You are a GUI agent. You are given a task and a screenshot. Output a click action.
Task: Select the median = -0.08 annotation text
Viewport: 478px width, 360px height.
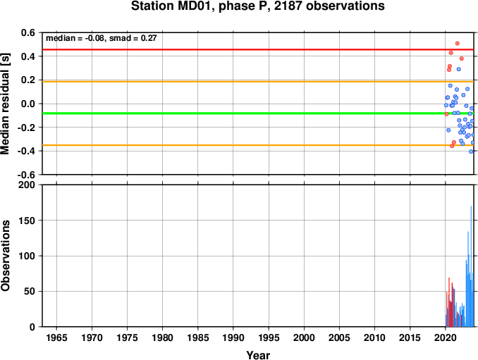[75, 38]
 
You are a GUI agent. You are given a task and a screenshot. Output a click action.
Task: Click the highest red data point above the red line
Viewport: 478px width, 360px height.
[458, 44]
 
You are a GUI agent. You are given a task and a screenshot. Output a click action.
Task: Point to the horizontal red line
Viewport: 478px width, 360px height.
[258, 49]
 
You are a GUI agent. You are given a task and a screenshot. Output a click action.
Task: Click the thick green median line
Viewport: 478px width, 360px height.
[258, 113]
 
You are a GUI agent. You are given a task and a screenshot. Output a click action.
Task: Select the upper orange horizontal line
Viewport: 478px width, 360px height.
[258, 82]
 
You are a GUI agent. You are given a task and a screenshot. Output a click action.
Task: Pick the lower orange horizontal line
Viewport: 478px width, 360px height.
[258, 145]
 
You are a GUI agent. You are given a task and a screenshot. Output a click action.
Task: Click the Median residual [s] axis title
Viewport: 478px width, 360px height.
[5, 104]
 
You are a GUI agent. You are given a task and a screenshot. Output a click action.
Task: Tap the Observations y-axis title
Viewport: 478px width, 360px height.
[5, 256]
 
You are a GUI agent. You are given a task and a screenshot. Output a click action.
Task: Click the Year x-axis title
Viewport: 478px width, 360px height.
[258, 355]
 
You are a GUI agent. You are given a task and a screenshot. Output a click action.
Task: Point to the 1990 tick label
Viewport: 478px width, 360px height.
[233, 337]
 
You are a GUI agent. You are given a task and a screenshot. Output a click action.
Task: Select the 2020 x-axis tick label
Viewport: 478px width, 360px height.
[446, 337]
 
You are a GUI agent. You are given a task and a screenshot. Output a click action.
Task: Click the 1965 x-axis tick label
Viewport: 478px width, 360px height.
[56, 337]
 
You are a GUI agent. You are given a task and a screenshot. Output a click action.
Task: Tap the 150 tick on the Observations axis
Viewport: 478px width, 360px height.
[27, 221]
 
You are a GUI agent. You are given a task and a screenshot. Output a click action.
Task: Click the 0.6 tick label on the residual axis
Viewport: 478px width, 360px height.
[28, 32]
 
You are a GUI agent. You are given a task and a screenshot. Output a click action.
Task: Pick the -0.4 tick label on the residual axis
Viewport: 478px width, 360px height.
[26, 151]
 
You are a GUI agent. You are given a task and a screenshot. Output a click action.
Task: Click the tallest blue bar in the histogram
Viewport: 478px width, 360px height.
[471, 266]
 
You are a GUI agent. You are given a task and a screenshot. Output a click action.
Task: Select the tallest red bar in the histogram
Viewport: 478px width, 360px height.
[449, 302]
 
